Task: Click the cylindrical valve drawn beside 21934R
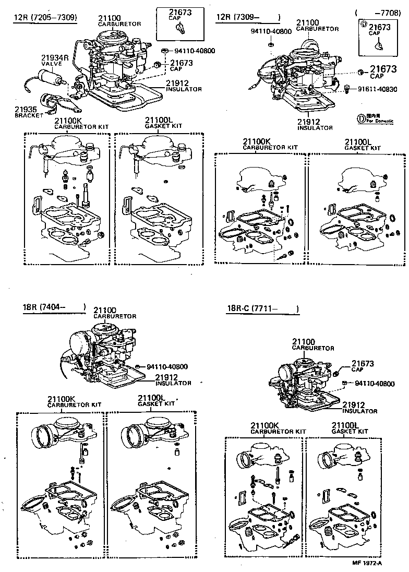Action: (x=52, y=82)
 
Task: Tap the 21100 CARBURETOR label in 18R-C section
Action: (x=312, y=344)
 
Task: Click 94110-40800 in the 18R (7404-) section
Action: (x=167, y=366)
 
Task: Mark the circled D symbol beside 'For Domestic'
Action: (x=360, y=118)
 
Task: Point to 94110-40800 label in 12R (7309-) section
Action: (x=271, y=31)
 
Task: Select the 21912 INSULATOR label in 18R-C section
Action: (x=359, y=407)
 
